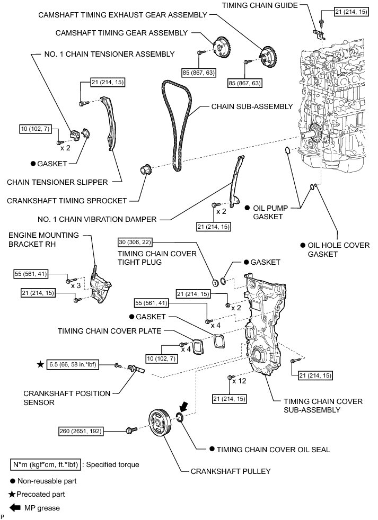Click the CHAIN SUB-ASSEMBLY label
coord(252,106)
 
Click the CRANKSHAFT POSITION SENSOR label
coord(67,398)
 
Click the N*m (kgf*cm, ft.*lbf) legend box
coord(46,464)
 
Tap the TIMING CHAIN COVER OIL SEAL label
coord(274,449)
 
